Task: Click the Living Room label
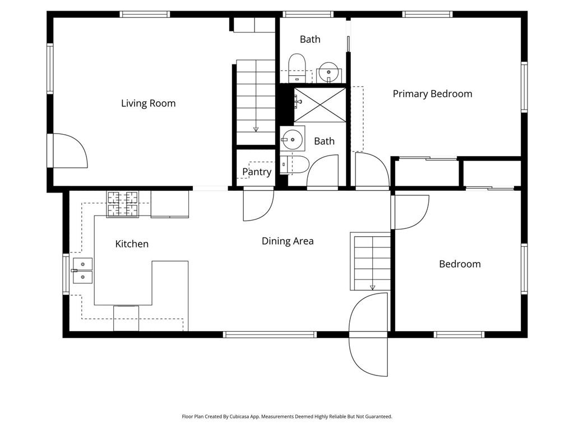(148, 103)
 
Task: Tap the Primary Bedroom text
(432, 94)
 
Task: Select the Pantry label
(257, 172)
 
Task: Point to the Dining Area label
(288, 241)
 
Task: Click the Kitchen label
(132, 244)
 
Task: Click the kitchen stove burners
(123, 204)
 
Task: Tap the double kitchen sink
(82, 270)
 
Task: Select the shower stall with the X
(320, 104)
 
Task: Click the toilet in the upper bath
(297, 68)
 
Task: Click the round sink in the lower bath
(292, 139)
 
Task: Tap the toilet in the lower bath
(295, 164)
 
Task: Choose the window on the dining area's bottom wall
(270, 334)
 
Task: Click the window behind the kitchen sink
(66, 274)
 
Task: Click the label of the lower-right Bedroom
(460, 264)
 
